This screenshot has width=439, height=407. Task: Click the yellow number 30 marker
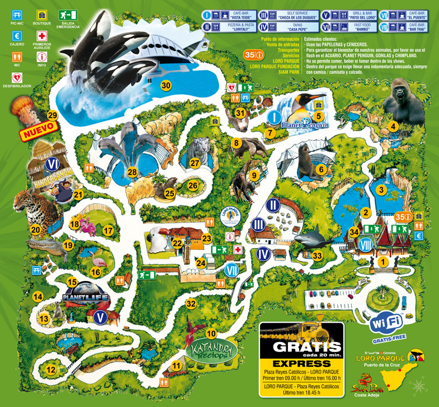click(x=166, y=85)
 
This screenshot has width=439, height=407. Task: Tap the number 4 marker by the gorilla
click(x=393, y=126)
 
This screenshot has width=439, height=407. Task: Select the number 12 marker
click(x=51, y=370)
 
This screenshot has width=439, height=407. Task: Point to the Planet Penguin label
click(x=305, y=126)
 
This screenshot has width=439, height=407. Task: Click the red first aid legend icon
click(x=42, y=36)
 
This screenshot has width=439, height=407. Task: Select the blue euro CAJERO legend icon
click(x=16, y=36)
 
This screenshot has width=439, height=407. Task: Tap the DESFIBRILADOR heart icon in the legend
click(x=16, y=77)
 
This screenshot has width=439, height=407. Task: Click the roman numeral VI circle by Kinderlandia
click(x=53, y=164)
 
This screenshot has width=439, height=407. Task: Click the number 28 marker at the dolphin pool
click(x=132, y=172)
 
